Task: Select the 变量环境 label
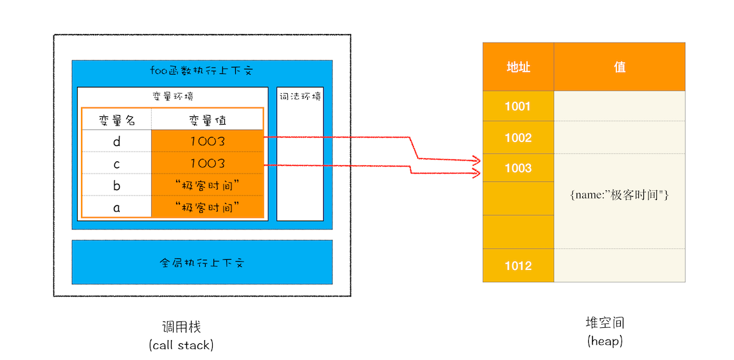[x=172, y=96]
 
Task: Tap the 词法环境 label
[x=300, y=96]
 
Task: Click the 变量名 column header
[x=117, y=120]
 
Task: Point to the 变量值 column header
[x=207, y=120]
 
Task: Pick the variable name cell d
[x=117, y=141]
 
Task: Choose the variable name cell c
[x=117, y=163]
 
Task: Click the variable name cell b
[x=117, y=185]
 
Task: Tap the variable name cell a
[x=117, y=207]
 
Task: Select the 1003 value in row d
[x=207, y=141]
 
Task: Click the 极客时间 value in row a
[x=207, y=207]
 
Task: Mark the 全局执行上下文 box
[x=202, y=262]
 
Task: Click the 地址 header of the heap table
[x=518, y=67]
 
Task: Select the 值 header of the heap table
[x=620, y=67]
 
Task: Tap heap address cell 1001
[x=518, y=106]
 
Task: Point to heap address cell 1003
[x=518, y=168]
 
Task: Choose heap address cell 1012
[x=518, y=265]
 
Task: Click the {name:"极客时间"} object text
[x=620, y=195]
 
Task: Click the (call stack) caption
[x=181, y=345]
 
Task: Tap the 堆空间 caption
[x=605, y=323]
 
